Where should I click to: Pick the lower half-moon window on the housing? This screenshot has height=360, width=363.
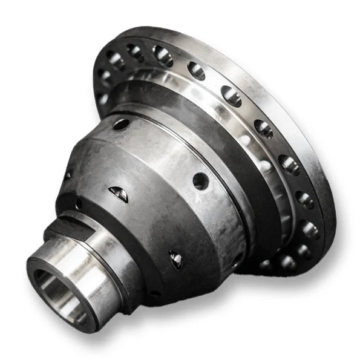point(175,260)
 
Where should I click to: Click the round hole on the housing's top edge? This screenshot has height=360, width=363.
point(120,124)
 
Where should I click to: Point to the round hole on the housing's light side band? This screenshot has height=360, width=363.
point(200,180)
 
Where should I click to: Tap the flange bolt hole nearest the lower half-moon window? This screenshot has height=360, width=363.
point(266,264)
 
